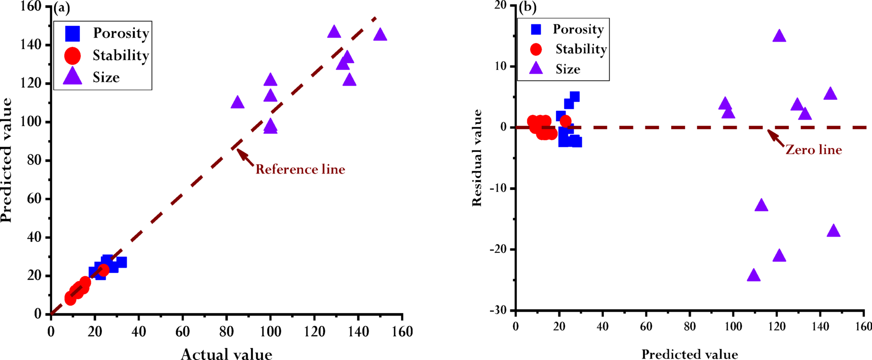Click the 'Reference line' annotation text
coord(300,169)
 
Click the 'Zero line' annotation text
coord(813,150)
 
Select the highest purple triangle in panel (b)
coord(779,36)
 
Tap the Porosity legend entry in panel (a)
coord(106,33)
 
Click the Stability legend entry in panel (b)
coord(569,49)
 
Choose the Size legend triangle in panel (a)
coord(73,76)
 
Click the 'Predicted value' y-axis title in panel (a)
coord(6,160)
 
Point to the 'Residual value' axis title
coord(477,158)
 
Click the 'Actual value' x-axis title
coord(226,354)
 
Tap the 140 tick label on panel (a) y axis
coord(31,45)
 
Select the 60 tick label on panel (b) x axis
coord(646,327)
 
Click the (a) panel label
coord(62,7)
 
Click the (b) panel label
coord(528,7)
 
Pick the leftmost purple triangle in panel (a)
coord(238,102)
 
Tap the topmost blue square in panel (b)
coord(575,97)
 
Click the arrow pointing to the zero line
coord(776,138)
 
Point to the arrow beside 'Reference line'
coord(246,158)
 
